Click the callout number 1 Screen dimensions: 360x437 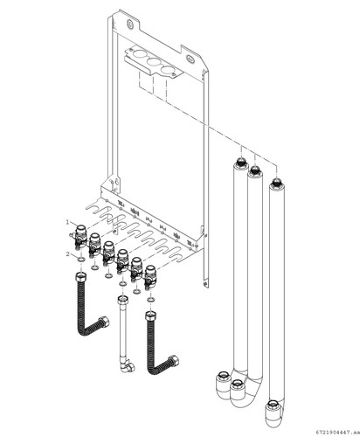(x=67, y=222)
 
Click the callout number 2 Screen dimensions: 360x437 (x=68, y=254)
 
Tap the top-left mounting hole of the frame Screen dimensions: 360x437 (x=129, y=24)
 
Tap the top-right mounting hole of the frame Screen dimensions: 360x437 (x=190, y=59)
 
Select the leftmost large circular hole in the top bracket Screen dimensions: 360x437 (x=140, y=55)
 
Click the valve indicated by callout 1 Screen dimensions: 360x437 (x=80, y=237)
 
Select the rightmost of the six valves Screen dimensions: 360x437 (x=150, y=276)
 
